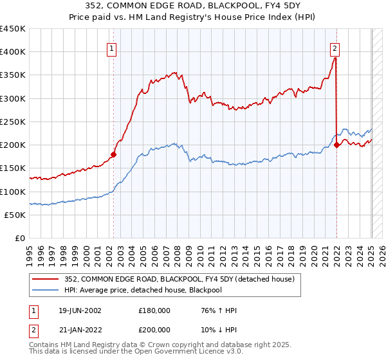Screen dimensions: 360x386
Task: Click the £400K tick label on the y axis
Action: (x=13, y=52)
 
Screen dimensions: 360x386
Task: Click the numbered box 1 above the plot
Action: (x=112, y=48)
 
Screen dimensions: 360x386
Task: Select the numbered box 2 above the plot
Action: (x=335, y=48)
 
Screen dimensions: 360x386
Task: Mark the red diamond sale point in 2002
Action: (x=113, y=154)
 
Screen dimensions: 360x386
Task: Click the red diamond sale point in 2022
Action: (x=336, y=145)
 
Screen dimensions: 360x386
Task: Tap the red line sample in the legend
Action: (x=46, y=279)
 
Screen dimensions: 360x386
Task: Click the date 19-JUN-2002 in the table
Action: (x=79, y=310)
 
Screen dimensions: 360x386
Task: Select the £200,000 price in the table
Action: (x=154, y=329)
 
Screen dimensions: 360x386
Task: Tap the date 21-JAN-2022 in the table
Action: (x=79, y=329)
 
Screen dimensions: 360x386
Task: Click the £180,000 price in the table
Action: (x=154, y=310)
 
